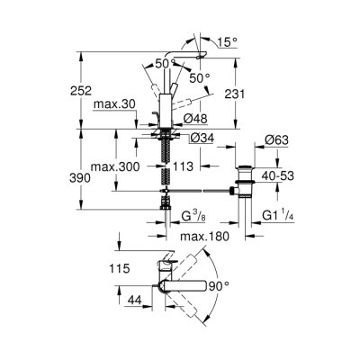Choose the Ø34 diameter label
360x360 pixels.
[x=201, y=138]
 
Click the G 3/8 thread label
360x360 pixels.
[x=194, y=215]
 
